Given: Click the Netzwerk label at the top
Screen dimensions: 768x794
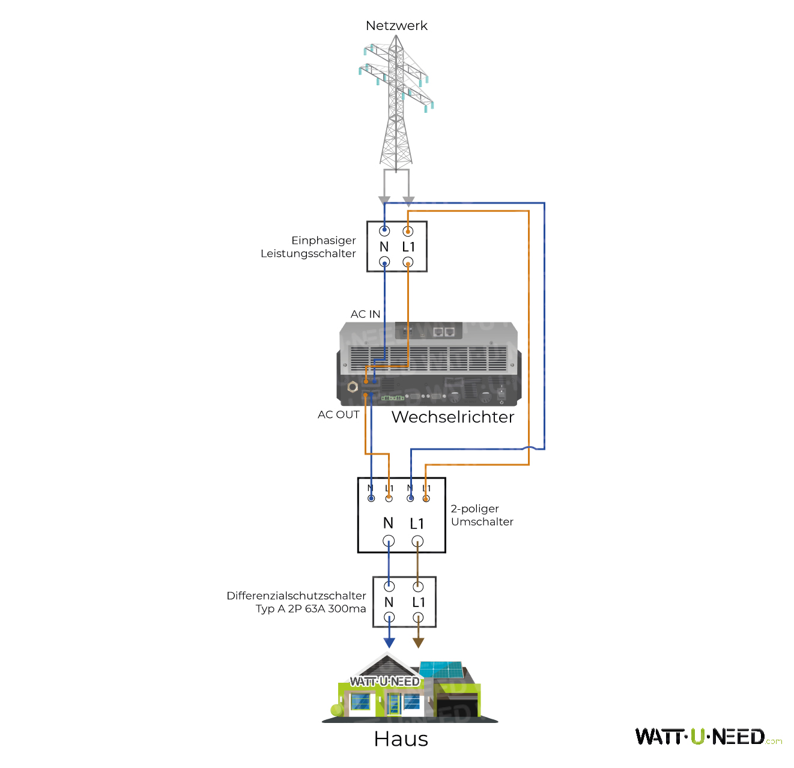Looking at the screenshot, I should click(x=396, y=26).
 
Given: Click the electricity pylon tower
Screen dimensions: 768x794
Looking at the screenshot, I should click(x=396, y=102).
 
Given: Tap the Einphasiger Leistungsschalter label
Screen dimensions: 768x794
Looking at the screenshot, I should click(x=309, y=247).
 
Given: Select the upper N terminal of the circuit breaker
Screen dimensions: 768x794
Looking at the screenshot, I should click(x=384, y=231).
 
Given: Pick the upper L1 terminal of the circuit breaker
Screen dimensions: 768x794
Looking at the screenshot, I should click(x=408, y=231).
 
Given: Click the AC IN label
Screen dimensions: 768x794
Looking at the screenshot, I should click(x=365, y=314).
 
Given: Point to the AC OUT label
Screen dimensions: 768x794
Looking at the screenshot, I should click(x=339, y=414).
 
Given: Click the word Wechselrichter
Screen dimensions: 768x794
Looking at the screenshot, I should click(x=453, y=417).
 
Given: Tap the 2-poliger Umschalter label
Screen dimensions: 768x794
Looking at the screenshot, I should click(x=482, y=515).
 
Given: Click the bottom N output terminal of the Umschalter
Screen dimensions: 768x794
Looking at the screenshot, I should click(x=389, y=541).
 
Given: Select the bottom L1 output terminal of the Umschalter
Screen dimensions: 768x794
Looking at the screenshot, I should click(x=417, y=541).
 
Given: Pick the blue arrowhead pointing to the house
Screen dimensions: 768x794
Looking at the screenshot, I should click(x=389, y=643).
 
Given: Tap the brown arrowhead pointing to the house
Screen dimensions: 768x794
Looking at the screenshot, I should click(x=419, y=643).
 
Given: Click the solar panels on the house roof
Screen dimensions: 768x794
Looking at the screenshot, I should click(x=441, y=669).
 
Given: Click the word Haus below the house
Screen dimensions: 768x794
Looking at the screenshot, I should click(x=401, y=739).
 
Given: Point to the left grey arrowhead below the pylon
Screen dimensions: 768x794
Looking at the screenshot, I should click(x=384, y=201).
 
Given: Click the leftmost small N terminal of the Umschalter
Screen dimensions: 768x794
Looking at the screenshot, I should click(x=371, y=498).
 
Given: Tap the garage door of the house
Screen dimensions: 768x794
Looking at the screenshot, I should click(x=458, y=705).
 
